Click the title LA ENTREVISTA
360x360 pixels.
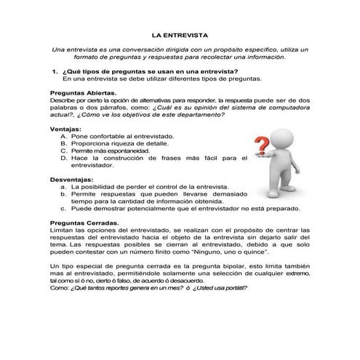coord(180,33)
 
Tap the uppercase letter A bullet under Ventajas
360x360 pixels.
coord(64,136)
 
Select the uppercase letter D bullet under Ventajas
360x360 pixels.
coord(64,158)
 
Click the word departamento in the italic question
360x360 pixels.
coord(201,114)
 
